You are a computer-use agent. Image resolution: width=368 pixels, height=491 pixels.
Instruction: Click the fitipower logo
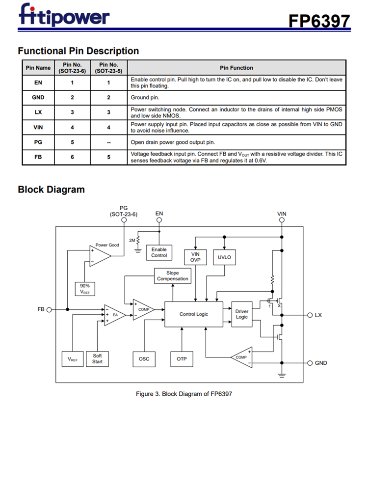point(64,16)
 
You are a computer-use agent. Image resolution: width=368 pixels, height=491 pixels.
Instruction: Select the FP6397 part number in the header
point(319,21)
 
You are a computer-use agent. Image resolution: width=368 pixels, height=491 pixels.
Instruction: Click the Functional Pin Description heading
point(78,51)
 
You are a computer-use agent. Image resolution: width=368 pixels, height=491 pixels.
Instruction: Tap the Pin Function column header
point(237,68)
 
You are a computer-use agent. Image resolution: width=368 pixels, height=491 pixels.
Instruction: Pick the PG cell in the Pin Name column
point(38,142)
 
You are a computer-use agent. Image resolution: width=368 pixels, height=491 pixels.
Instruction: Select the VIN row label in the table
point(38,127)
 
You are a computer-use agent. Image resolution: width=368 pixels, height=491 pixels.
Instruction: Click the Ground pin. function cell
point(145,97)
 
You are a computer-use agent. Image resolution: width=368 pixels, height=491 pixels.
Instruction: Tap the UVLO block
point(224,257)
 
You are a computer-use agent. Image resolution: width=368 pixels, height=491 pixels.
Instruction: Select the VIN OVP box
point(195,257)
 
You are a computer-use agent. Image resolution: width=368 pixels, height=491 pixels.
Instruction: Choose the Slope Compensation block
point(172,276)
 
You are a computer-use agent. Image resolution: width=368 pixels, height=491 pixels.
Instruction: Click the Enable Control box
point(159,252)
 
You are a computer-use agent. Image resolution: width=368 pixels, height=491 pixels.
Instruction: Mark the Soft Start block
point(97,359)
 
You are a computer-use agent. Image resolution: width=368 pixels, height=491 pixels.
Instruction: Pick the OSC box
point(144,359)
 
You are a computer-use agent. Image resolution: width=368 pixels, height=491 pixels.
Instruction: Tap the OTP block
point(182,359)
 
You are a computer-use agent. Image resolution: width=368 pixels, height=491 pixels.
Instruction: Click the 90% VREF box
point(85,288)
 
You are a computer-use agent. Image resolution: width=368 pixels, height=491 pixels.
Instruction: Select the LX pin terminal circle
point(309,315)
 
